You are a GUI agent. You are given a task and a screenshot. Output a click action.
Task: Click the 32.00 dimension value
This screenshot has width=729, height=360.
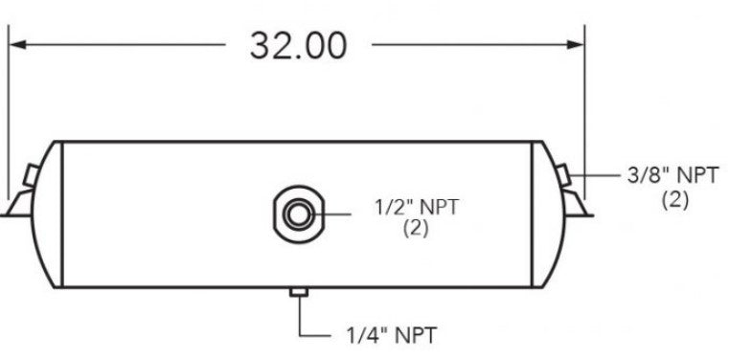tap(298, 44)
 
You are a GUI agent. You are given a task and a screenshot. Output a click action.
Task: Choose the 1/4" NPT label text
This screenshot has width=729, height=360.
tap(392, 336)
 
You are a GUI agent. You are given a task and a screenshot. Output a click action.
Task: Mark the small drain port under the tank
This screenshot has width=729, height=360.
tap(299, 291)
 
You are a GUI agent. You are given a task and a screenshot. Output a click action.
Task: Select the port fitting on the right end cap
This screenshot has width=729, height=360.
tap(566, 175)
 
